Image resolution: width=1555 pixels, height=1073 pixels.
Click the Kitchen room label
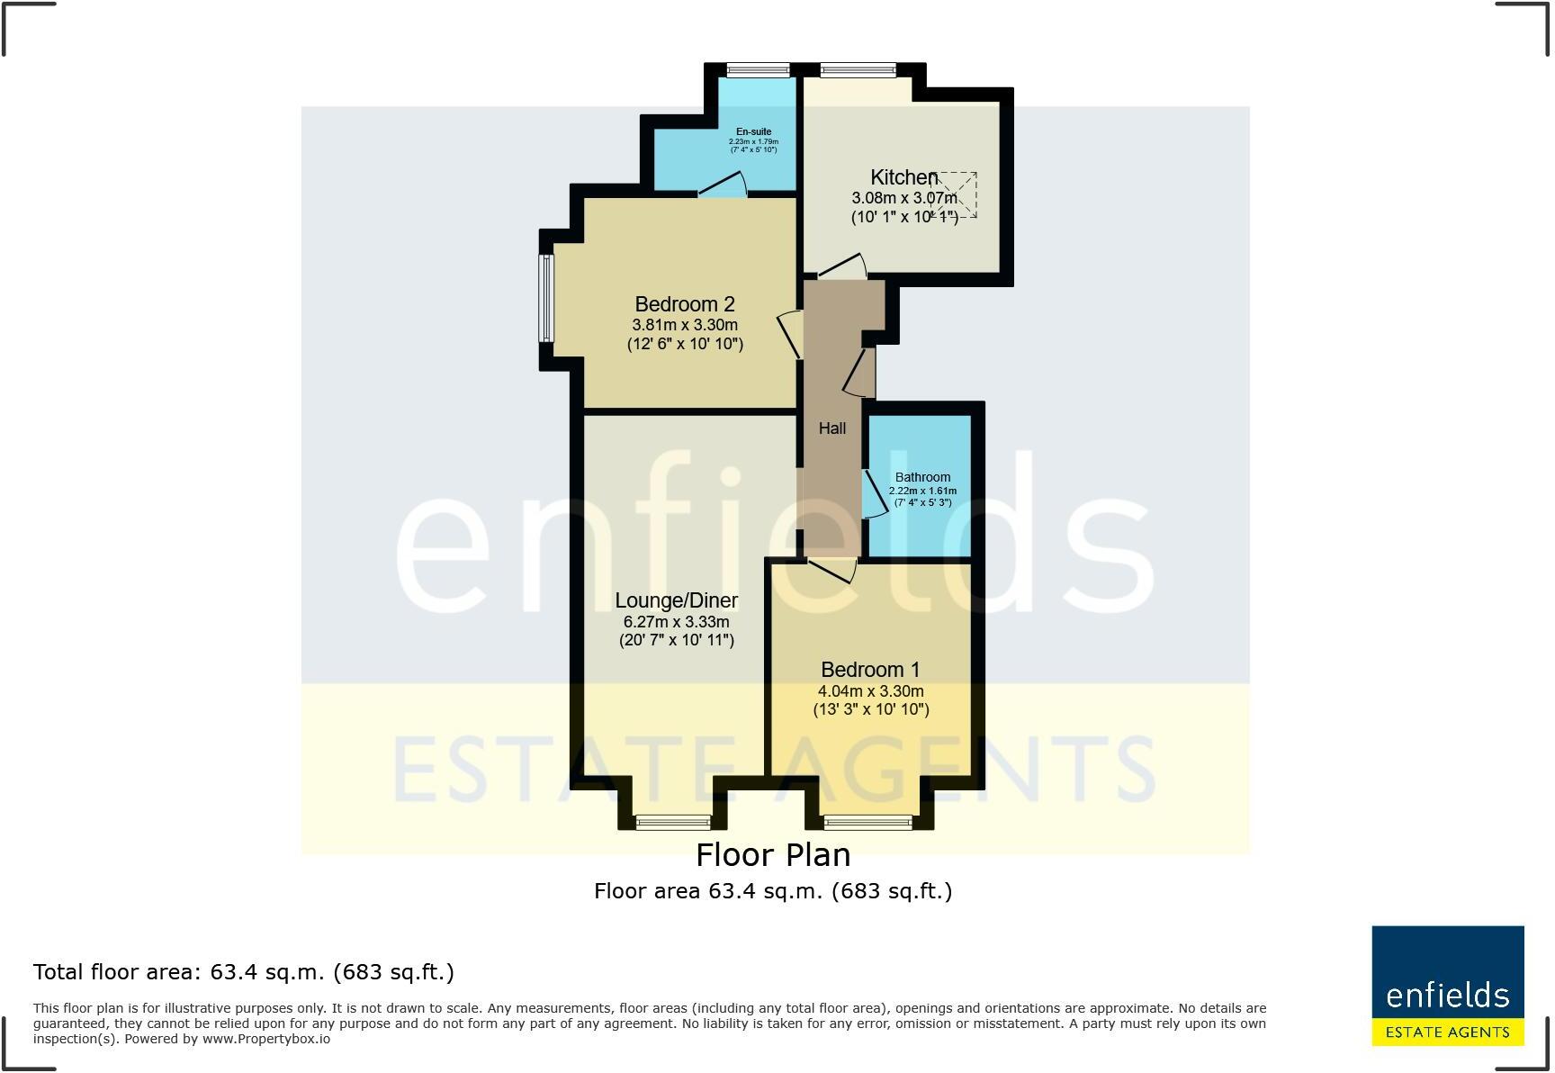click(x=903, y=177)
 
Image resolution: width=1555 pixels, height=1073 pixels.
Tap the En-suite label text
click(x=753, y=131)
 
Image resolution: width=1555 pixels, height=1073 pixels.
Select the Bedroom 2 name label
click(x=685, y=304)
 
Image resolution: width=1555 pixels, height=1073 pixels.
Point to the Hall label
click(x=831, y=428)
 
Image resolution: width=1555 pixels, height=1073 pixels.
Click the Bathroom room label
click(x=922, y=477)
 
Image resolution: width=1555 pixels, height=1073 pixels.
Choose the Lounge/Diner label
click(x=676, y=600)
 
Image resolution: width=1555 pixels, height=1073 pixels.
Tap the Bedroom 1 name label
click(x=870, y=670)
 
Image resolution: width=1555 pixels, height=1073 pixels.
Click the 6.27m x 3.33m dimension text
click(x=676, y=622)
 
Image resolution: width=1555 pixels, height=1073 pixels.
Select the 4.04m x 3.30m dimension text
click(x=870, y=691)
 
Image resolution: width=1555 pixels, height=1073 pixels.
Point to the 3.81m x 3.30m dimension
click(x=685, y=325)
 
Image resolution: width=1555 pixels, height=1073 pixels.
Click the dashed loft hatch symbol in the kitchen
click(x=956, y=194)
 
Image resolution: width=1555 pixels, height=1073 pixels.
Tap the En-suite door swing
click(x=724, y=185)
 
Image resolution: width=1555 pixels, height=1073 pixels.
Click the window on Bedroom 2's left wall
click(x=546, y=299)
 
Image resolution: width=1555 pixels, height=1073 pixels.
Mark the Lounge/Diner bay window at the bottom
click(x=673, y=821)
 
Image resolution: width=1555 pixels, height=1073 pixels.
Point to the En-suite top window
click(x=758, y=69)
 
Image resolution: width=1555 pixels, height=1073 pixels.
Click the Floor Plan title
click(x=773, y=854)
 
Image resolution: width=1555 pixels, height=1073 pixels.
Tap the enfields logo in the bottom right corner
click(x=1447, y=985)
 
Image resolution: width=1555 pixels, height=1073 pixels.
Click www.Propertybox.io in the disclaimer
click(x=265, y=1039)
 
